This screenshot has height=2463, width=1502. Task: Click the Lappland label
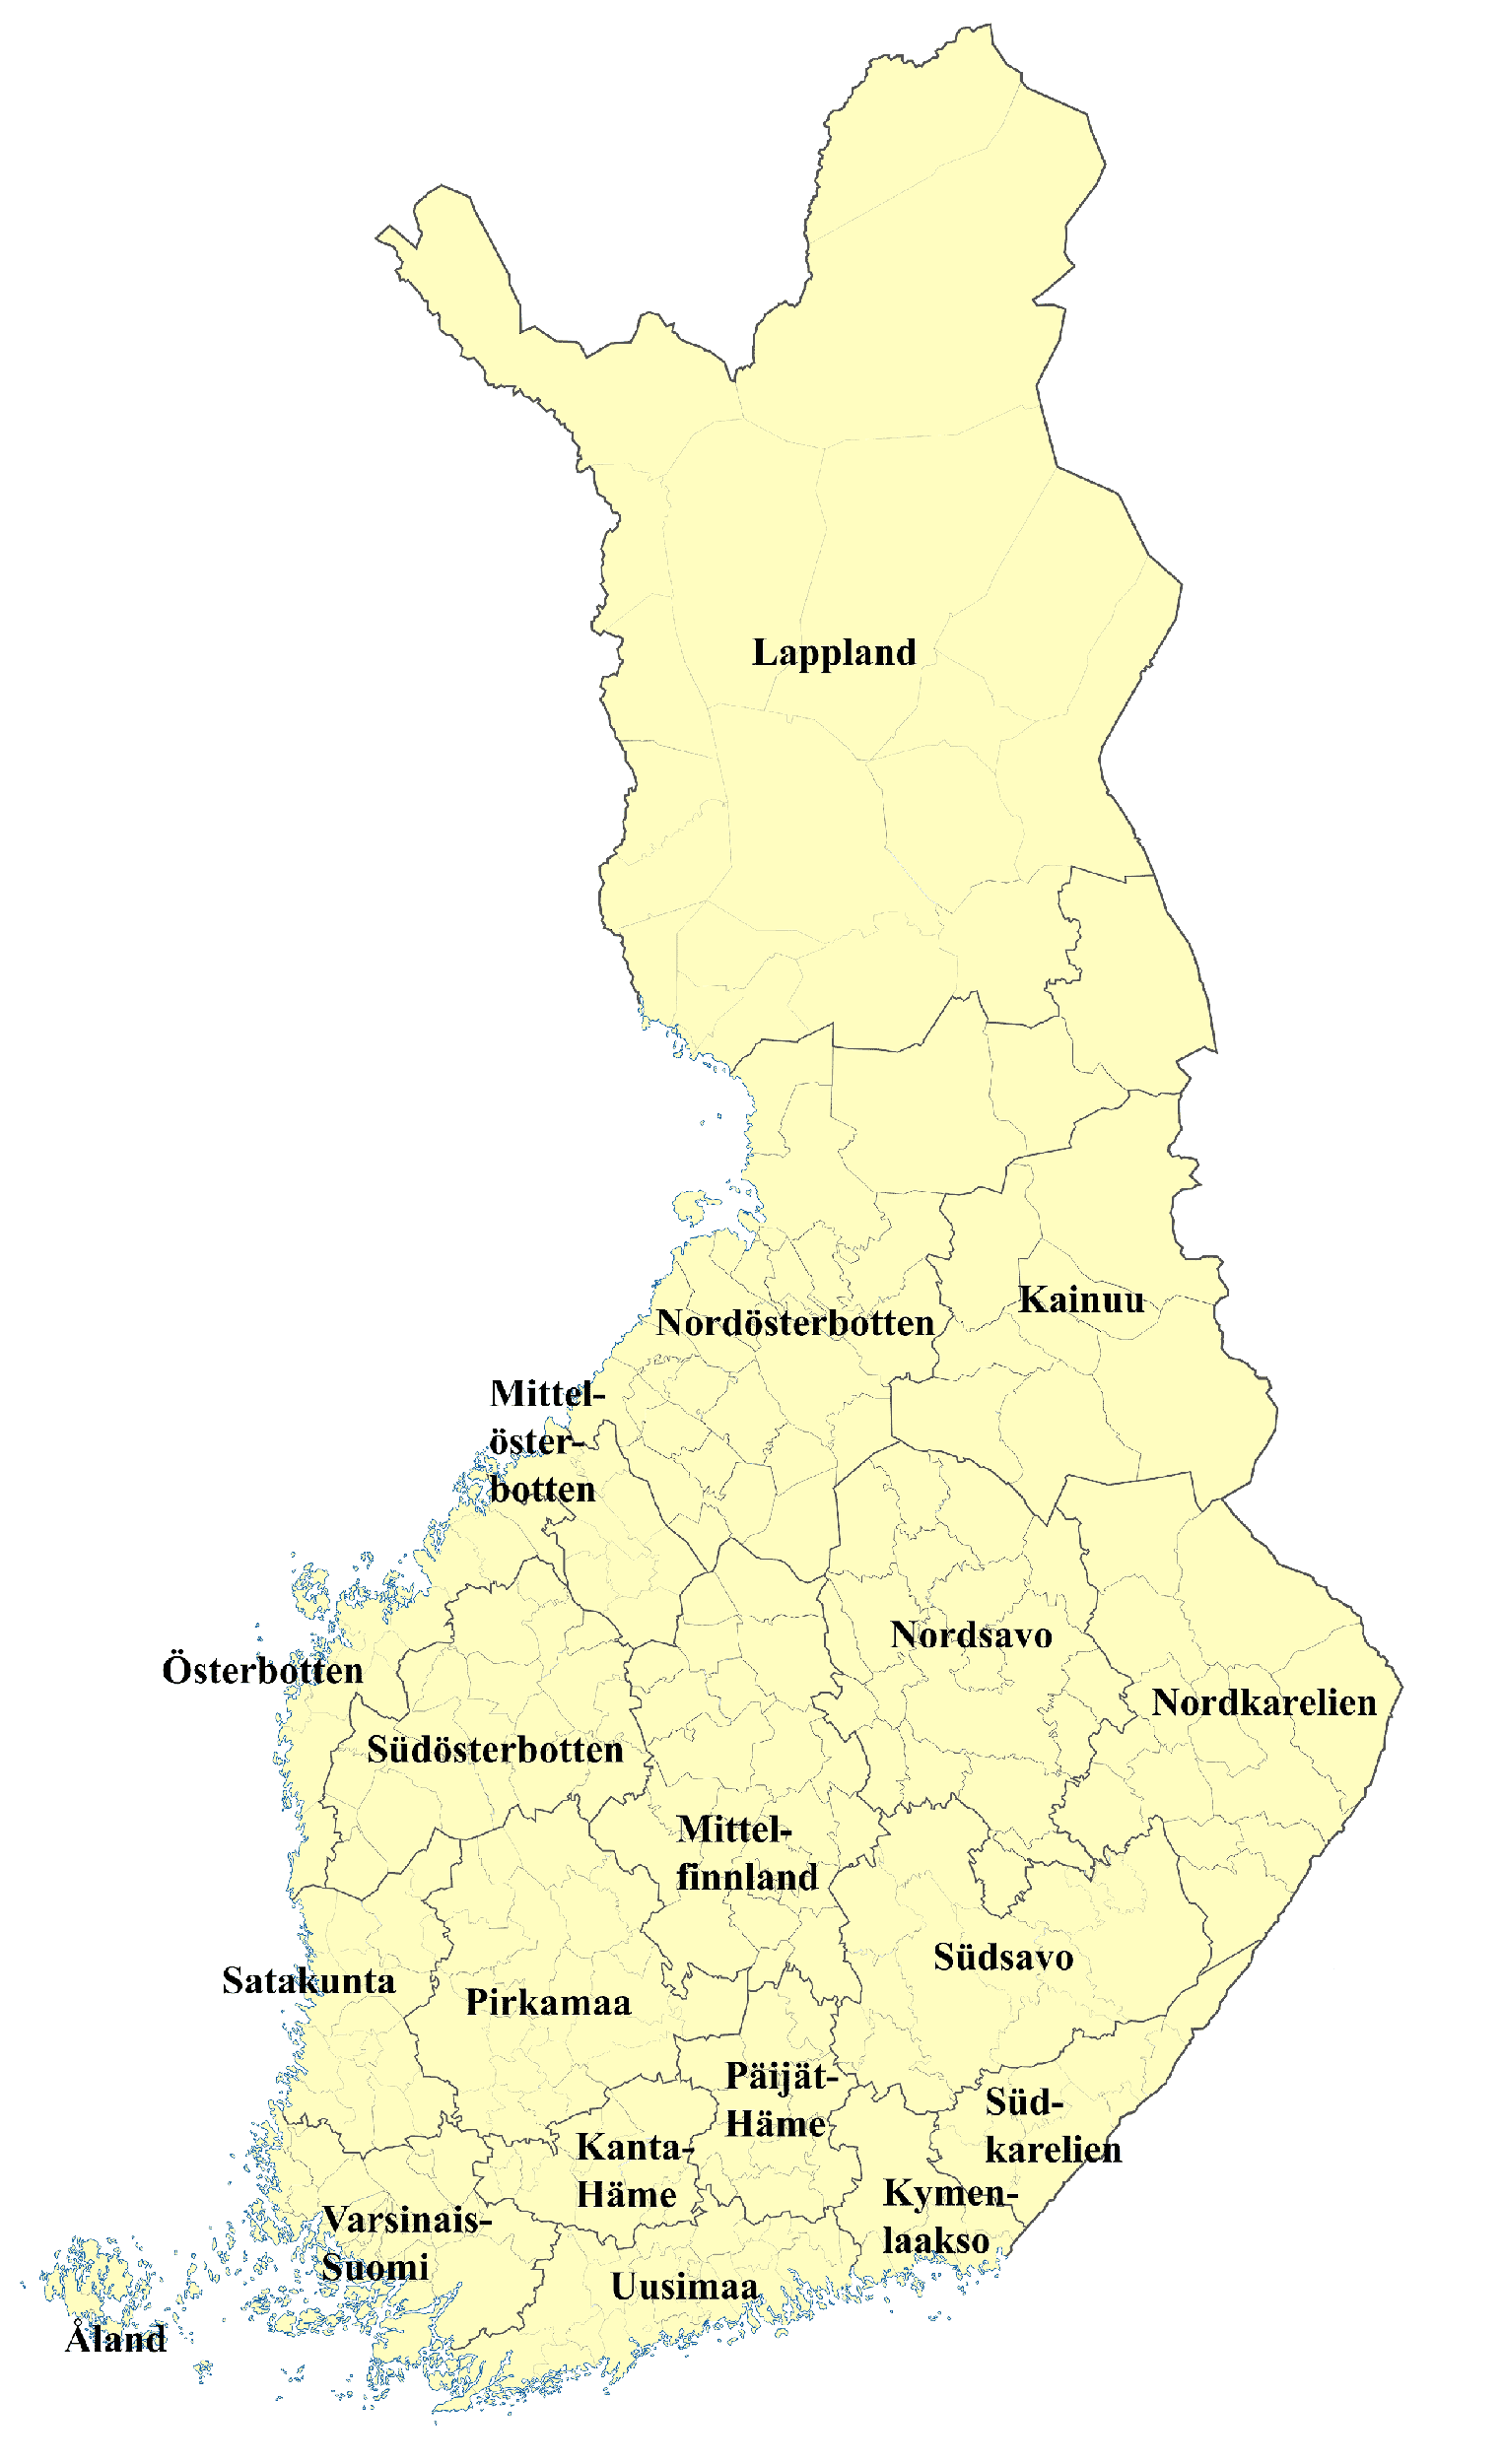pos(834,653)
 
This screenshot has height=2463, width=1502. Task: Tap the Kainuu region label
pos(1081,1299)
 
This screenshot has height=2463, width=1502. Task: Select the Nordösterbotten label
pos(795,1323)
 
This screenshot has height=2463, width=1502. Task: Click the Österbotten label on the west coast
pos(262,1671)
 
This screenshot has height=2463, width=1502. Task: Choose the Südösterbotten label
pos(495,1751)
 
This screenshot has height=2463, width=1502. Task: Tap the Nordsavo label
pos(971,1635)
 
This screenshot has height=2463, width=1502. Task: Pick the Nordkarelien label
pos(1264,1703)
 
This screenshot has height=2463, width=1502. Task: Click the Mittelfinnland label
pos(747,1853)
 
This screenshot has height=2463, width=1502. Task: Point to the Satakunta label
pos(308,1981)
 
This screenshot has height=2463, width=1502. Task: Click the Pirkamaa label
pos(548,2003)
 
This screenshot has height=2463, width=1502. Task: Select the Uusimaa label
pos(684,2287)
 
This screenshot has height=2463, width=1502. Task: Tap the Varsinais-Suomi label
pos(405,2244)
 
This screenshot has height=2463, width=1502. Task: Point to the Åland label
pos(115,2339)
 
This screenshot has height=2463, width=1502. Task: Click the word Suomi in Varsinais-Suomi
pos(375,2268)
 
